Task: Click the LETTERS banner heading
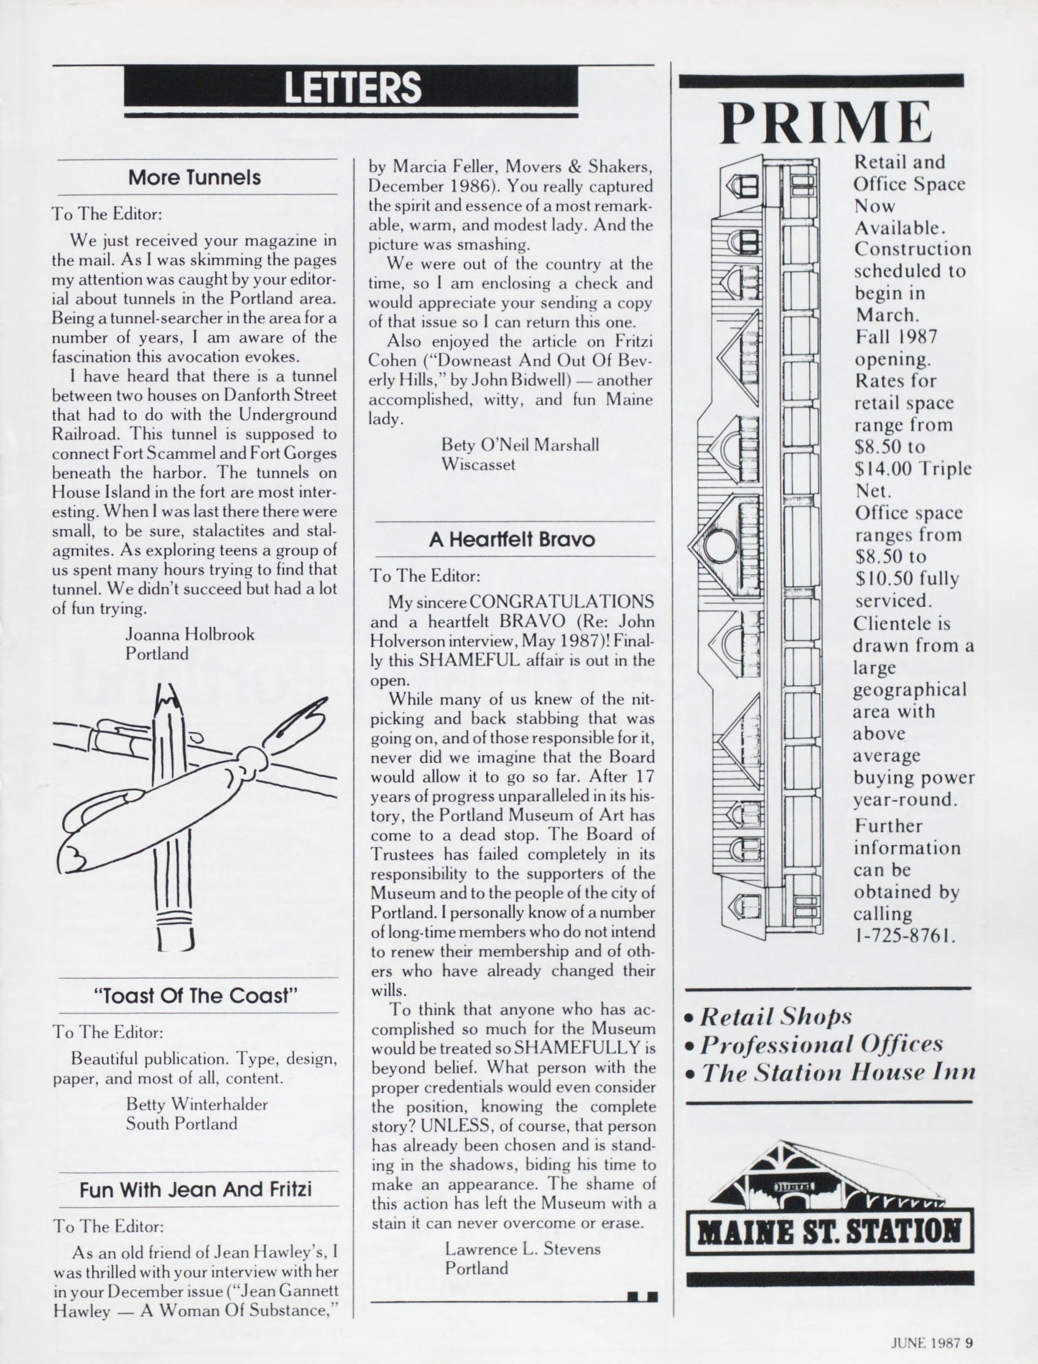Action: tap(352, 87)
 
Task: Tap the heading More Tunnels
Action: tap(195, 178)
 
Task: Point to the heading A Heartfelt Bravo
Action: tap(512, 540)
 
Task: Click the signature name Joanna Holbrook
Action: tap(190, 634)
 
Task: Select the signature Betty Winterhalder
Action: tap(197, 1104)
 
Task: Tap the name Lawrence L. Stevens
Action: tap(523, 1249)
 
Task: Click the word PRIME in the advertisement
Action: tap(826, 122)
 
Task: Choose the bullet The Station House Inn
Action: tap(838, 1072)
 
